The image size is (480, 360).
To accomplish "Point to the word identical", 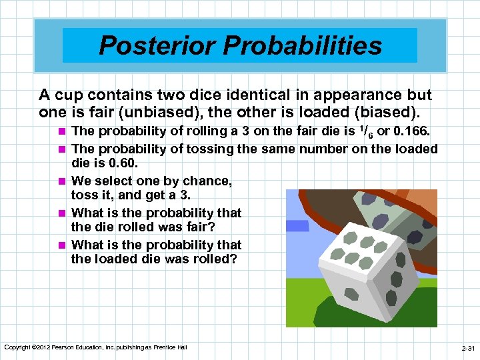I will click(245, 95).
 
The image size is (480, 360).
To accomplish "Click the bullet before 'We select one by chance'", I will click(62, 181).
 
